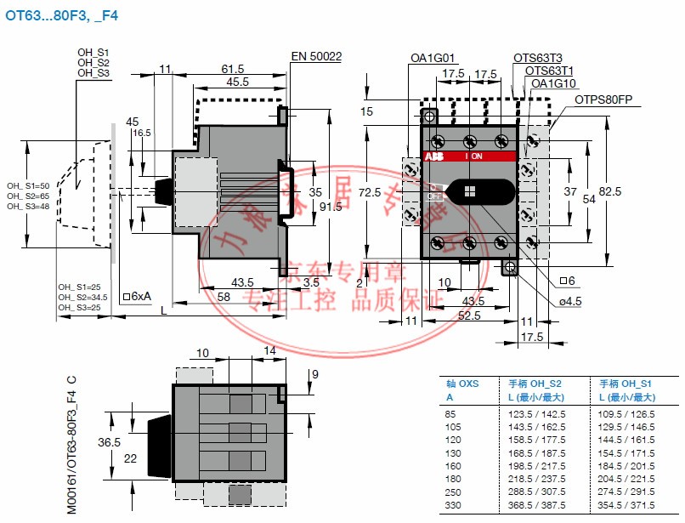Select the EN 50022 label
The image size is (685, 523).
[x=316, y=57]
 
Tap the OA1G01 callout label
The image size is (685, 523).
[x=433, y=59]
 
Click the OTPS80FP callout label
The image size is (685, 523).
[x=603, y=99]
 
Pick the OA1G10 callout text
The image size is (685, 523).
[x=554, y=83]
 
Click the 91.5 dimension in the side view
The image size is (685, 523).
[x=331, y=207]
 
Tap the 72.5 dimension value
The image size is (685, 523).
[x=367, y=193]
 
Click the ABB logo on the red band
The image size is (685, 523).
[x=433, y=156]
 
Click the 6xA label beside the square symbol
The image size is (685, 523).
[x=140, y=296]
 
